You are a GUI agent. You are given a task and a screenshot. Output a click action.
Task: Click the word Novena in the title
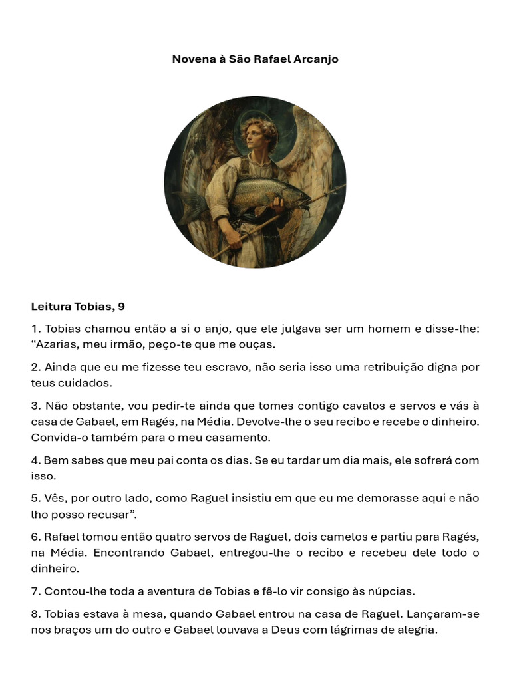(x=190, y=59)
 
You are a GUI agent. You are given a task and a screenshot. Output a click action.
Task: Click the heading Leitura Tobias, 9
(x=78, y=307)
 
